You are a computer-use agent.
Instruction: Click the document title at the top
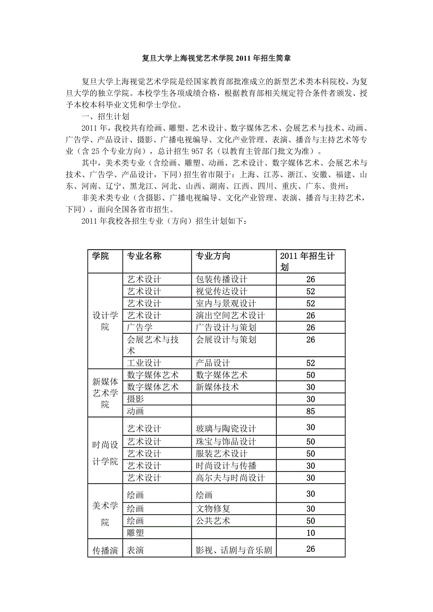[216, 59]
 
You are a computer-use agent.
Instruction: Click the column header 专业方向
[213, 256]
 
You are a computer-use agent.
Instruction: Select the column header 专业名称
[144, 256]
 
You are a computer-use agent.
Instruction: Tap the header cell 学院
[100, 256]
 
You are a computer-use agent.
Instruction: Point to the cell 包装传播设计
[221, 280]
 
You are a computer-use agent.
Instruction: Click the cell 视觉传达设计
[221, 292]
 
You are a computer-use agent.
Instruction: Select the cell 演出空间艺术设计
[230, 315]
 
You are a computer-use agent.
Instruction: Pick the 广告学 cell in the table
[140, 328]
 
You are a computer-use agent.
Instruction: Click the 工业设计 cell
[144, 363]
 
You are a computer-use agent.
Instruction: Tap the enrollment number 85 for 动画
[310, 411]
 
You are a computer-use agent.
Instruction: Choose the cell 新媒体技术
[217, 387]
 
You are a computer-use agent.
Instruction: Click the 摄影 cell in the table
[136, 400]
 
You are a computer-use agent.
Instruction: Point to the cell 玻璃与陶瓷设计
[225, 429]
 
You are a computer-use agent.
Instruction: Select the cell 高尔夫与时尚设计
[230, 478]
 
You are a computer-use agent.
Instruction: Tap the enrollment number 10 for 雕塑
[310, 533]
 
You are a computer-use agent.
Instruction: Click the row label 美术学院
[104, 514]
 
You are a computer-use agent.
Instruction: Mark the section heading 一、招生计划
[105, 117]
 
